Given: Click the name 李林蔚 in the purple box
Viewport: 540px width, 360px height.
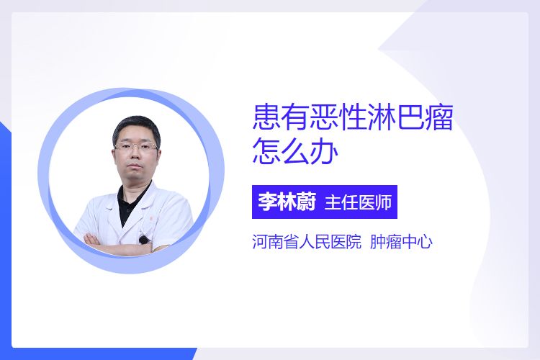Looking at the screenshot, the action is coord(287,202).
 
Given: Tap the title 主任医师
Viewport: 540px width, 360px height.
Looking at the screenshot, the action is coord(358,202).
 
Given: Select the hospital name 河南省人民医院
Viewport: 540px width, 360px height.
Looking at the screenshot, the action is coord(307,241).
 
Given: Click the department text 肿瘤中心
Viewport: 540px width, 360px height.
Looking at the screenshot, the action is coord(401,241).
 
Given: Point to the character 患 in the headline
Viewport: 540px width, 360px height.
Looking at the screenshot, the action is coord(266,117).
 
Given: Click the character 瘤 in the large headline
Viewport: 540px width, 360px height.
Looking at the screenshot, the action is coord(438,117).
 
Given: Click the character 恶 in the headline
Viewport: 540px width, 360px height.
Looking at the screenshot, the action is coord(324,117).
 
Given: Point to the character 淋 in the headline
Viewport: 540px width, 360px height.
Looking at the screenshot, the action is coord(381,117).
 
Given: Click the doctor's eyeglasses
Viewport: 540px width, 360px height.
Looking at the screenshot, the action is coord(135,147).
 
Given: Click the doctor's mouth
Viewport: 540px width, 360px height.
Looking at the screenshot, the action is coord(136,168).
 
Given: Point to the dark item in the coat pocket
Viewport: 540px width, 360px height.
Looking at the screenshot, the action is coord(144,239).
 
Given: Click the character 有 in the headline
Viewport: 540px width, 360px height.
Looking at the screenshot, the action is coord(295,117).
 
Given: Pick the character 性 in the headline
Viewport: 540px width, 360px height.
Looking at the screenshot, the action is coord(353,117).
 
